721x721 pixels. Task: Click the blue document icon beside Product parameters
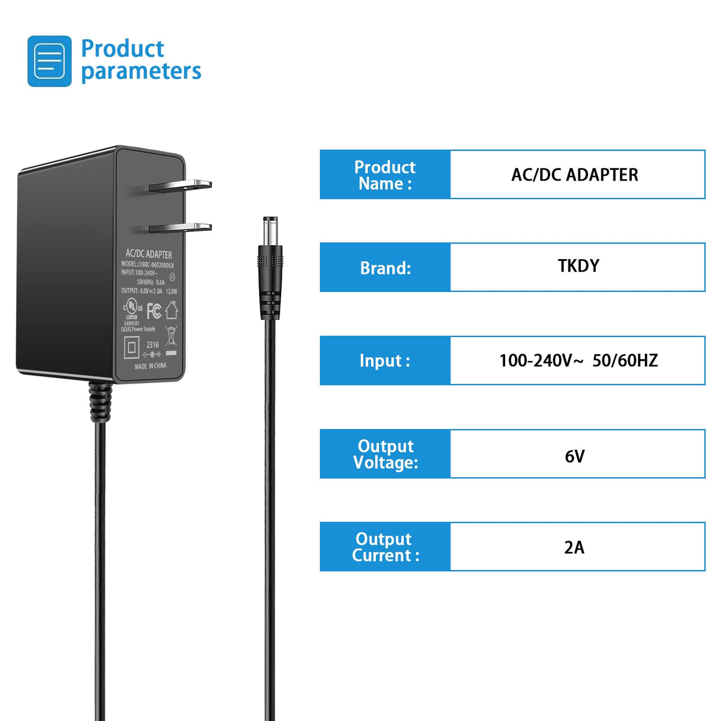click(x=49, y=61)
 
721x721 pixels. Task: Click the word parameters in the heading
click(x=141, y=71)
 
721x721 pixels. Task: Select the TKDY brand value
click(x=578, y=266)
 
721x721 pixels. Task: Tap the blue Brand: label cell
click(x=385, y=267)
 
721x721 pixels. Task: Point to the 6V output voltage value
click(x=575, y=456)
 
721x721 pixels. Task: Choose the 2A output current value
click(x=574, y=547)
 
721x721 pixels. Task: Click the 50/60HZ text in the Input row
click(x=625, y=360)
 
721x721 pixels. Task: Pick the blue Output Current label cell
click(x=385, y=547)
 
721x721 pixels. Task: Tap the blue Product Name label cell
click(x=385, y=175)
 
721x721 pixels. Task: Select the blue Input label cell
click(x=385, y=360)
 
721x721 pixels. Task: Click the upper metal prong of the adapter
click(x=181, y=186)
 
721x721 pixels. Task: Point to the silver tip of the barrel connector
click(x=270, y=231)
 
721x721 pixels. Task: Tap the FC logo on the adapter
click(x=154, y=311)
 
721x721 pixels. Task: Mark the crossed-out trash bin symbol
click(x=171, y=337)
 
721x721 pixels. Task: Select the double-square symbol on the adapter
click(x=132, y=348)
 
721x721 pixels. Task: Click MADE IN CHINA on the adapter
click(x=150, y=366)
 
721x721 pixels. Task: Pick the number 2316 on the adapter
click(x=152, y=345)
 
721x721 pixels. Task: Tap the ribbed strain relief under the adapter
click(x=100, y=402)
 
